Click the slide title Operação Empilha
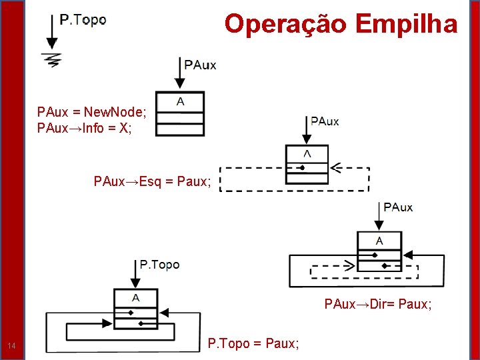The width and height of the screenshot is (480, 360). (x=341, y=24)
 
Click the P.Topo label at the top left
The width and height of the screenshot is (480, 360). (x=83, y=20)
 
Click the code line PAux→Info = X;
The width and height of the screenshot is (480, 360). (x=85, y=128)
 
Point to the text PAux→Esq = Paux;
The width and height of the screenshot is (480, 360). (x=152, y=181)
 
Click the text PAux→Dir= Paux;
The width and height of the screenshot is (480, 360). (x=378, y=305)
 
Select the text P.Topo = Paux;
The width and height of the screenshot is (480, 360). (x=253, y=343)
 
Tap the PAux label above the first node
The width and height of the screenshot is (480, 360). (x=200, y=65)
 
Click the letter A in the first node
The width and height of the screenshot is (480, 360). (x=180, y=101)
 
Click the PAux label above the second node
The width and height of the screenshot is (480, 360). (x=325, y=121)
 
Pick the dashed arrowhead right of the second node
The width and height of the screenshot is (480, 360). (x=335, y=167)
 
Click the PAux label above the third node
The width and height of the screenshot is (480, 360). (x=398, y=207)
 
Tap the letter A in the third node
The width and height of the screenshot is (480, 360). (x=379, y=240)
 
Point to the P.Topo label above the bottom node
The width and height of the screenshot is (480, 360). (x=159, y=265)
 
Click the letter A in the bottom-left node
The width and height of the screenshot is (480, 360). (x=135, y=297)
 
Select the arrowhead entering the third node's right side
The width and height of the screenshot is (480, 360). (x=409, y=255)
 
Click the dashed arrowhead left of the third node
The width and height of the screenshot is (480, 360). (x=349, y=265)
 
